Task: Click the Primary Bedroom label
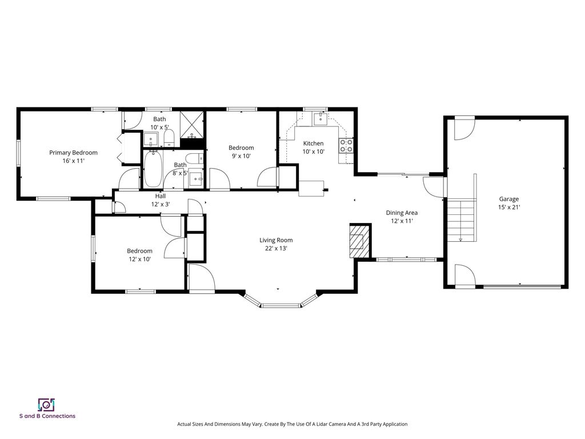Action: pos(74,152)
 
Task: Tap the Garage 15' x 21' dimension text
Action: pos(509,207)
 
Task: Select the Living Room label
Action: pos(276,240)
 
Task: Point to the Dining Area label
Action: pos(402,213)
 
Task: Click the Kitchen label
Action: pos(314,143)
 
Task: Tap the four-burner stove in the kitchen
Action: pos(346,146)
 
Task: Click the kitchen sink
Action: pos(320,119)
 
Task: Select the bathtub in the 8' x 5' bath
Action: pos(153,169)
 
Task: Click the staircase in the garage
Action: pos(462,220)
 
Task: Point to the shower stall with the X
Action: pos(192,124)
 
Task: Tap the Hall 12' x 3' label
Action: pos(161,200)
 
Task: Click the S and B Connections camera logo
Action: pos(47,405)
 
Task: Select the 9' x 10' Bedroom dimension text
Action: pos(242,156)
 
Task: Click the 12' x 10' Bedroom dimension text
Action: pos(139,259)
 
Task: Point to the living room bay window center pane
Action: pos(281,306)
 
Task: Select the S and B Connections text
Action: pos(47,416)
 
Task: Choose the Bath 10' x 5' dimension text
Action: pos(160,127)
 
